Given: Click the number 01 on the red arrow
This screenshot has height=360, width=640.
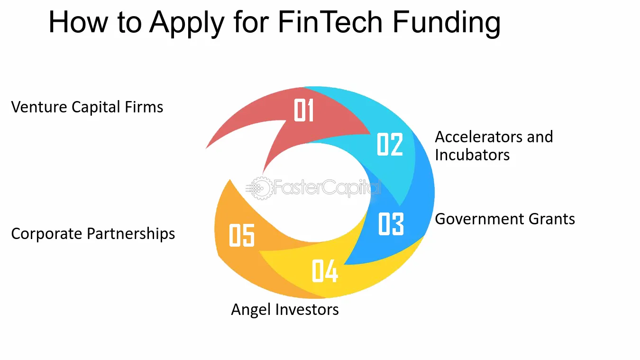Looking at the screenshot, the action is [304, 110].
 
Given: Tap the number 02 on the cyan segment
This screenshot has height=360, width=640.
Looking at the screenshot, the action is [390, 144].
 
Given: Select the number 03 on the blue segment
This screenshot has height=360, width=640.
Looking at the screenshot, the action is [391, 224].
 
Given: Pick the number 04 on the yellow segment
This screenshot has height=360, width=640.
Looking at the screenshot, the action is [325, 271].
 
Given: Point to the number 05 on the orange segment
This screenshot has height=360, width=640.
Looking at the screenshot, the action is [242, 235].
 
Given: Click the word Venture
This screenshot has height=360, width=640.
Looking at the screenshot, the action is [39, 107].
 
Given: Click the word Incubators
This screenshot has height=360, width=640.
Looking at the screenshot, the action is [472, 155].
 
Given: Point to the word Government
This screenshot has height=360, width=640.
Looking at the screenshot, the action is [479, 219].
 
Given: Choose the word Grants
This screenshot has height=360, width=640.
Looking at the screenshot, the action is [552, 219].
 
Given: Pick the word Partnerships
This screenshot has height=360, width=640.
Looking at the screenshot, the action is [131, 234].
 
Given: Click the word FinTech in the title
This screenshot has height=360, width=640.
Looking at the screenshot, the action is [330, 22].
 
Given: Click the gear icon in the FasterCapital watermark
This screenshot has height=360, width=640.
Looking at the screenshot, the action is [261, 188].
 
